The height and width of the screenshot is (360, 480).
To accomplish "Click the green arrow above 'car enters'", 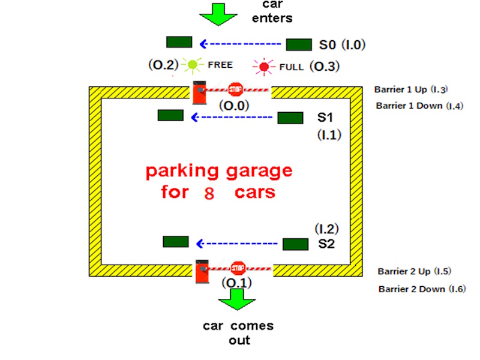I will (x=218, y=14).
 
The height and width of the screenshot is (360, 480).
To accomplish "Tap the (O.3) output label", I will (x=325, y=66).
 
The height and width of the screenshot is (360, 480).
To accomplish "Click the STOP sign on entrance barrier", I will (x=235, y=90).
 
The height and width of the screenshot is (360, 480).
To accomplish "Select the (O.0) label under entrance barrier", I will (x=234, y=106).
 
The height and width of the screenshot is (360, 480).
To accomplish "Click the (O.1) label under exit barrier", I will (x=236, y=283).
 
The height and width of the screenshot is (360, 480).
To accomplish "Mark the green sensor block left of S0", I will (x=179, y=42).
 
